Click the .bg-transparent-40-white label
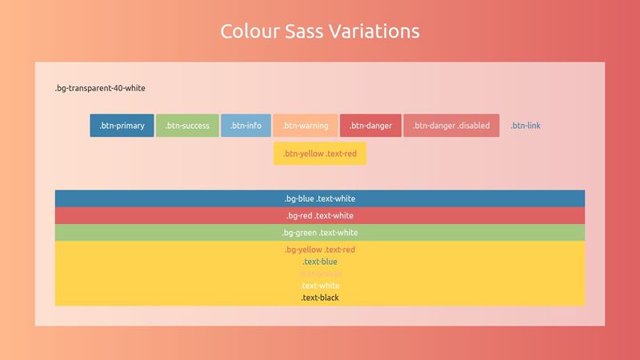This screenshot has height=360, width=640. click(100, 88)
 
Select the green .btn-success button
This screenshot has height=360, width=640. click(187, 126)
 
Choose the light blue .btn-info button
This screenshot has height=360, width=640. click(246, 126)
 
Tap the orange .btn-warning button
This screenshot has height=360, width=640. click(306, 126)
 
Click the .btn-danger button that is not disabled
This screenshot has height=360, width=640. click(370, 126)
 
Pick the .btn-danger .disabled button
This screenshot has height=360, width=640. click(451, 126)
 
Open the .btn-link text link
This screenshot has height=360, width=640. click(526, 126)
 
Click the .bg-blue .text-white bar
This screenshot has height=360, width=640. click(320, 198)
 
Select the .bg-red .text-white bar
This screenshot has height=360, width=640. click(320, 215)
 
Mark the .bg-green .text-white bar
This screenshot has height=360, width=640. click(320, 233)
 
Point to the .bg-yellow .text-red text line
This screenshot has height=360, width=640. click(320, 250)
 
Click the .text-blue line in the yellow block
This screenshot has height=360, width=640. click(320, 262)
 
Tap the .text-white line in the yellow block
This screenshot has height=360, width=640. click(320, 286)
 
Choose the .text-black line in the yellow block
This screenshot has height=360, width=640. click(320, 298)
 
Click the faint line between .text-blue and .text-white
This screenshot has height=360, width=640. click(320, 274)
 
